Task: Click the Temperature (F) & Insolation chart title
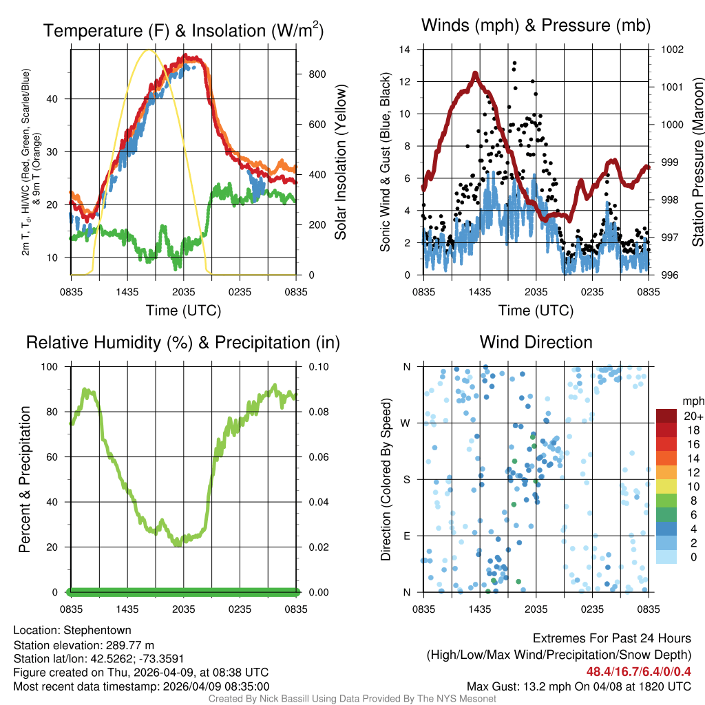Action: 183,31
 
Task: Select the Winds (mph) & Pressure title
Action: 536,25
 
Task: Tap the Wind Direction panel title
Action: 536,342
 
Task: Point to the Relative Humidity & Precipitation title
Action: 183,342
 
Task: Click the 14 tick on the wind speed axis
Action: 406,50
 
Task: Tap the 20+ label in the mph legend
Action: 693,416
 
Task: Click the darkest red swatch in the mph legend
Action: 668,416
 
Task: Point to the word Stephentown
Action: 97,630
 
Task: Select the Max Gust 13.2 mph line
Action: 579,686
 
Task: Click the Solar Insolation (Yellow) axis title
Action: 340,162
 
